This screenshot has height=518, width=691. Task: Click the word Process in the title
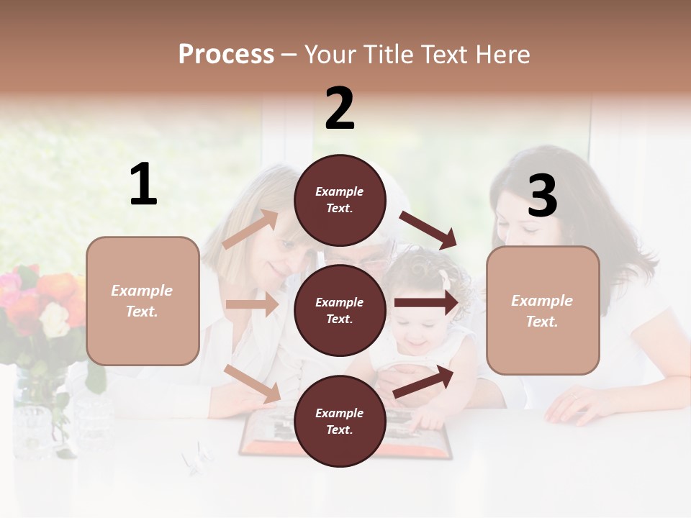click(x=226, y=55)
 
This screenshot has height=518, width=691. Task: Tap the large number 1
click(x=143, y=185)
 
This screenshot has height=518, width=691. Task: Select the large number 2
click(x=340, y=109)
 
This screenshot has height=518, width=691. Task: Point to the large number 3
click(x=542, y=196)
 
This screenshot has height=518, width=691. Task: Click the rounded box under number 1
click(x=143, y=301)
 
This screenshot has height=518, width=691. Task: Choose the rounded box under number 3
click(x=543, y=310)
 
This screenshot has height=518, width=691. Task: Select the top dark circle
click(x=340, y=200)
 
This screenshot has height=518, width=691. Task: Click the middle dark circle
click(x=340, y=310)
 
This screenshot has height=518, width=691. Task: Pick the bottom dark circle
click(x=340, y=421)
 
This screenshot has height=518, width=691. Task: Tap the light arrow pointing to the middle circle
click(x=252, y=304)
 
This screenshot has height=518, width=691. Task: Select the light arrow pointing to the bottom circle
click(x=252, y=383)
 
